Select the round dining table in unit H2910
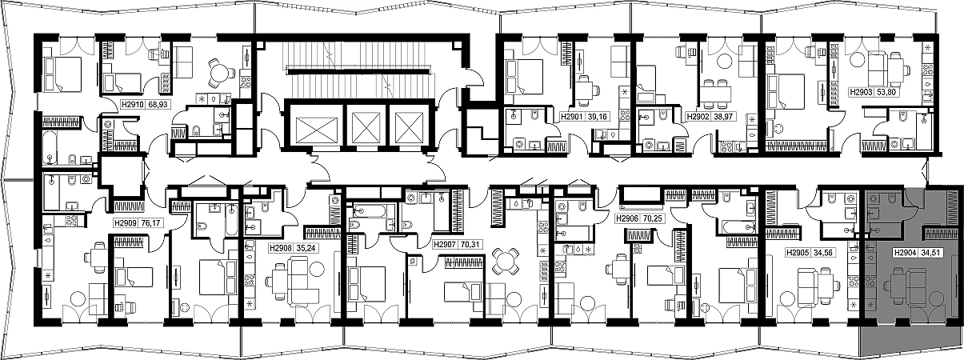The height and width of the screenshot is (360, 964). pyautogui.click(x=219, y=72)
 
